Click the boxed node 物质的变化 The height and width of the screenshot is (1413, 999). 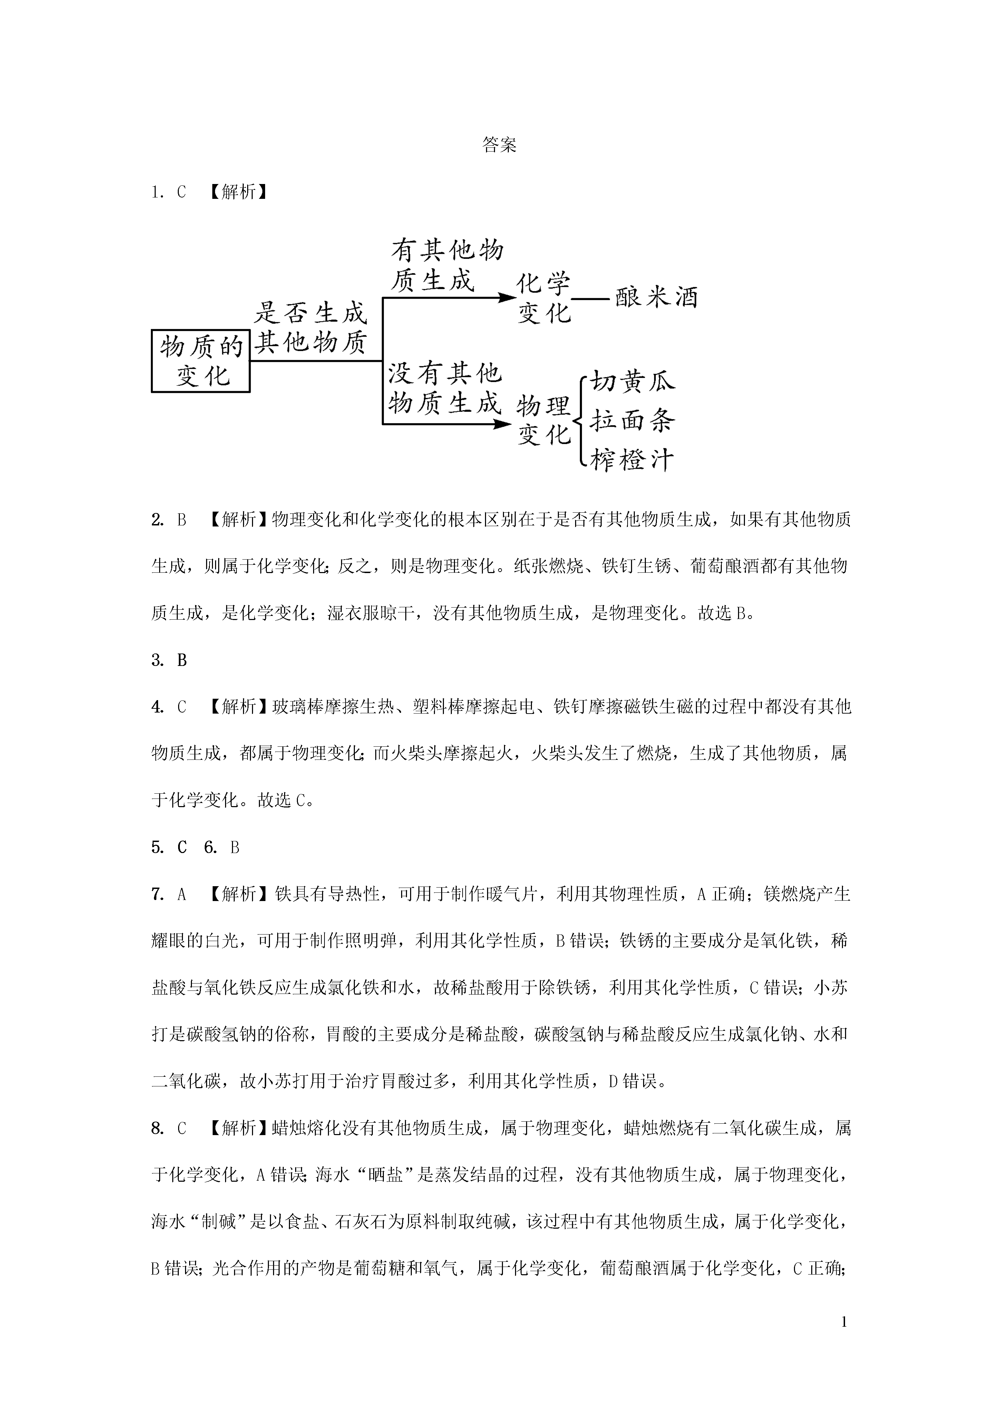point(201,361)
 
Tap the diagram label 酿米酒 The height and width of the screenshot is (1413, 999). point(656,298)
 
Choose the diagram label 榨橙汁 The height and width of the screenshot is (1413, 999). point(632,460)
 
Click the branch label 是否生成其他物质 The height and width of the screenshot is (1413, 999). point(311,328)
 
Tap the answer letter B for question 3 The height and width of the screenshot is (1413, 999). point(182,660)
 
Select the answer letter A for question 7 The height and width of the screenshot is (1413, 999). point(182,894)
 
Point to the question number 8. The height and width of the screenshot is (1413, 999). point(157,1128)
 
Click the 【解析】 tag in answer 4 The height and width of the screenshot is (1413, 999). point(238,707)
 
